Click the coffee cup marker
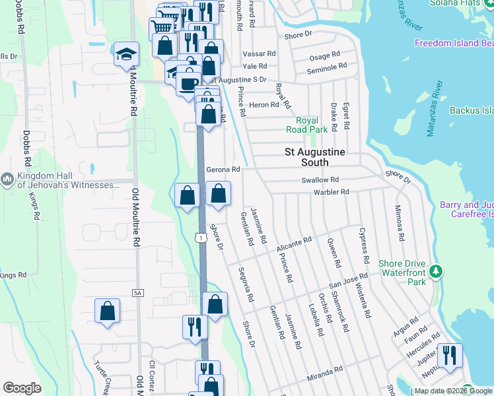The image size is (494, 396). [x=189, y=83]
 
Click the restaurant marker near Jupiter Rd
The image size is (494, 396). [x=450, y=356]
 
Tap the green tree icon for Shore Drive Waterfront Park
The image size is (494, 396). [x=435, y=271]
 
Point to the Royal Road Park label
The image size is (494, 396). [x=307, y=125]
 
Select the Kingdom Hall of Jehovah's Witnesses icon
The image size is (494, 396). [x=7, y=179]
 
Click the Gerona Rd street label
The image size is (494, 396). [x=223, y=170]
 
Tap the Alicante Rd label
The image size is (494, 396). [x=294, y=245]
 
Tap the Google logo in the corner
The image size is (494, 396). [x=22, y=387]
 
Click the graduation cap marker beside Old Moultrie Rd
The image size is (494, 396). [x=125, y=55]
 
